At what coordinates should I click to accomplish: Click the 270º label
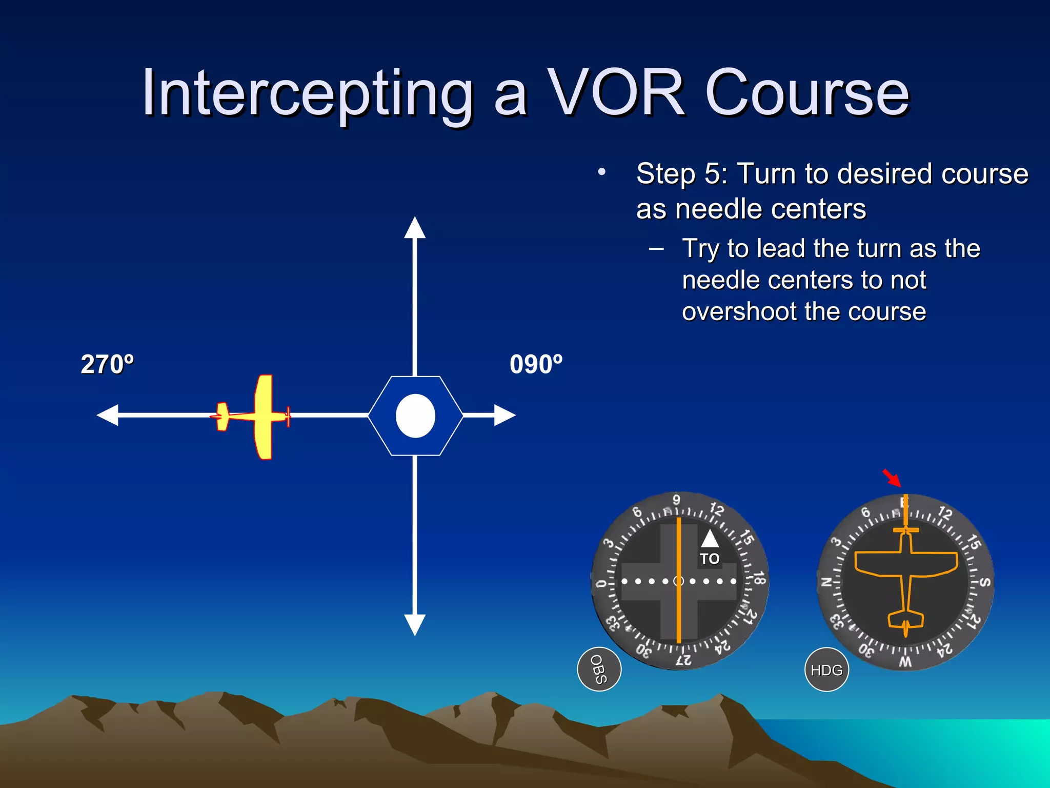107,364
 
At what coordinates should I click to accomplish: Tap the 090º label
536,364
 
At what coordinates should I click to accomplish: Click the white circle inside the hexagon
415,416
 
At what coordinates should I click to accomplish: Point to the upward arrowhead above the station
415,228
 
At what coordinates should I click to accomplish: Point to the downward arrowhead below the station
415,624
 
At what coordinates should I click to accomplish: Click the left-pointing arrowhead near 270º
108,415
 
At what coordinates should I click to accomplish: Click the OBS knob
599,669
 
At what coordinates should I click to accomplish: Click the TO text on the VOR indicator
710,559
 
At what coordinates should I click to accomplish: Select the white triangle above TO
710,540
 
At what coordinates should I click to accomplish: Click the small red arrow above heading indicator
892,478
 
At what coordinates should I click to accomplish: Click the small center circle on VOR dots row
679,581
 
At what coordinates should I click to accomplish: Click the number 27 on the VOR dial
683,660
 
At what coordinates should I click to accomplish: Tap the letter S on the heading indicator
984,582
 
